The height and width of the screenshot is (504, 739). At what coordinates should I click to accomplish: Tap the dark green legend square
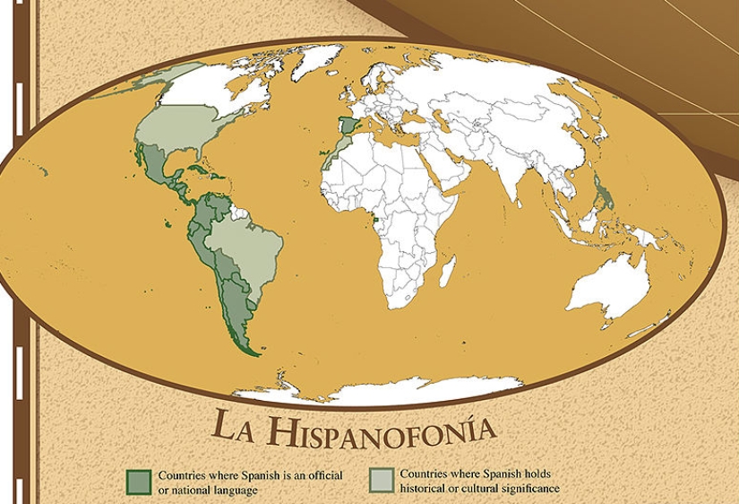[139, 481]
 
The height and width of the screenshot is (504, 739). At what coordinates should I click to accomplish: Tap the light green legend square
[381, 480]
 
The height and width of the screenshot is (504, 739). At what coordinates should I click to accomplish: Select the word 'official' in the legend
[322, 475]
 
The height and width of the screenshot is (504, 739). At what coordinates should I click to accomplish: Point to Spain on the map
[348, 126]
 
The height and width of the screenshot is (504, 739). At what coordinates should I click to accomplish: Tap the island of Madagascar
[447, 269]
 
